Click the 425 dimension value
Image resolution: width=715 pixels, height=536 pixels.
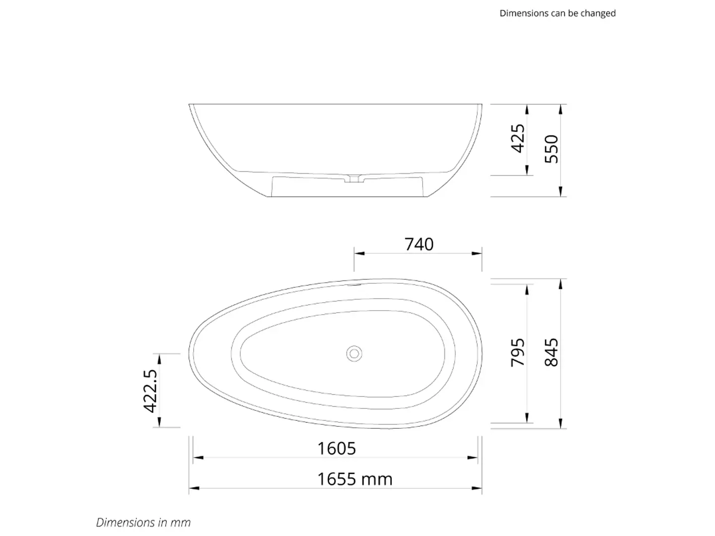pos(517,138)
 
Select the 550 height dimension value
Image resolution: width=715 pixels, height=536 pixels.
pos(551,149)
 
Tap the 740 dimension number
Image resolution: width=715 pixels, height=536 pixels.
pos(419,244)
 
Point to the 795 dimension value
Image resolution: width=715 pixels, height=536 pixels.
pos(517,353)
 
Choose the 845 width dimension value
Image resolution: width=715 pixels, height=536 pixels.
pos(551,352)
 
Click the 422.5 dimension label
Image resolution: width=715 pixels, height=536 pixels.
pos(150,391)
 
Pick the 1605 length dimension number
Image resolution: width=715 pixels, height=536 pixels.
pos(337,449)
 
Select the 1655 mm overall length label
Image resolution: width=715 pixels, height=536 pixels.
pos(355,479)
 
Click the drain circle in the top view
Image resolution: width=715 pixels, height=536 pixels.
pos(354,354)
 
